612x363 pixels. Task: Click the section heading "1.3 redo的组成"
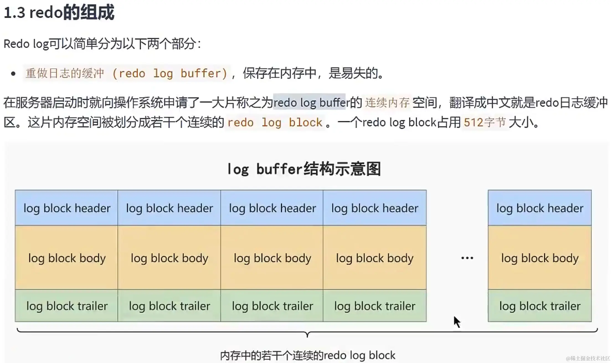pos(59,12)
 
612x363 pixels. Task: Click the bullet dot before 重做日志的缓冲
pos(13,74)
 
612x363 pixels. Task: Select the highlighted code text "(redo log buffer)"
pos(170,74)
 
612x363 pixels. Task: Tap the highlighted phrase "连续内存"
pos(387,103)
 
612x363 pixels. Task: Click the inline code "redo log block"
pos(275,123)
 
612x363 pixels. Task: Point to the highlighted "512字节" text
pos(485,123)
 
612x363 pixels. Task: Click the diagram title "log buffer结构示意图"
pos(304,169)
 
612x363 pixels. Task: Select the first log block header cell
pos(66,208)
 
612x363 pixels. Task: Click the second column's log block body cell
pos(169,258)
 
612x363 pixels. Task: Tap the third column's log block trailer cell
pos(272,306)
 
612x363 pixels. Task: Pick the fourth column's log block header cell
pos(375,208)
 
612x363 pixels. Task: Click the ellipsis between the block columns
pos(467,258)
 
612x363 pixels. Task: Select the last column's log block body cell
pos(540,258)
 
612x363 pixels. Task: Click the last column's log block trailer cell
pos(540,306)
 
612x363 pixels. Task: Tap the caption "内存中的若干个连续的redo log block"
pos(308,355)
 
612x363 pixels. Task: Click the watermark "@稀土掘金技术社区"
pos(588,358)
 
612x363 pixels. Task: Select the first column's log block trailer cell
pos(66,306)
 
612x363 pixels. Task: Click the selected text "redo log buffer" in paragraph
pos(309,102)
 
